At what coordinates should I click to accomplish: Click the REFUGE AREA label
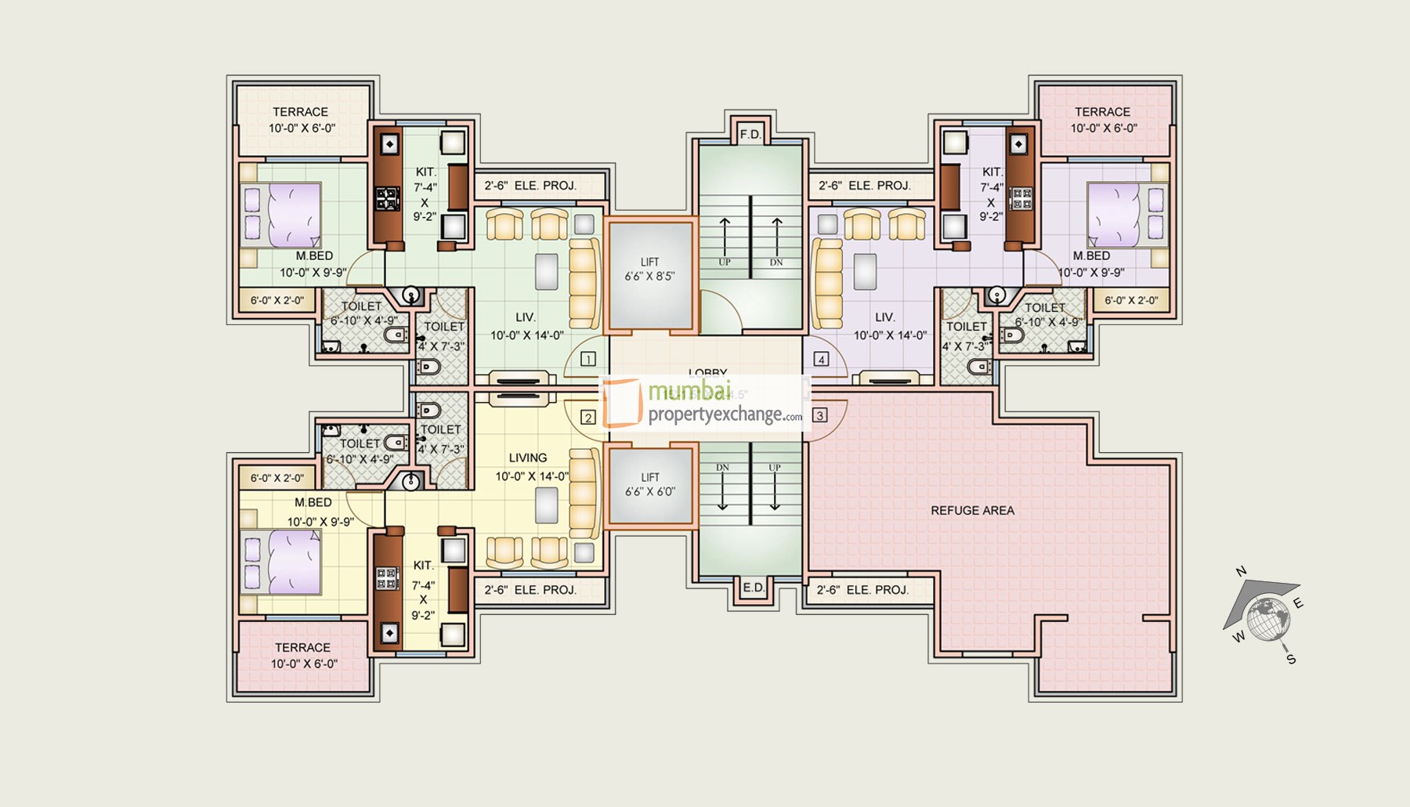972,510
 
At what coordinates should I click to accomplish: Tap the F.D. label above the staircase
750,135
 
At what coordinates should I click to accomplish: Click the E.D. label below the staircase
753,588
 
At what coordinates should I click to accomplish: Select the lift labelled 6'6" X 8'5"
649,274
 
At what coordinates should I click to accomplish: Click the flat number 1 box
588,360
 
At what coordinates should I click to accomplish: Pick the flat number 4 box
821,360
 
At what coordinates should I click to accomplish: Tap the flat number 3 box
820,415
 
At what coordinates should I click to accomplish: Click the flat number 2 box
588,418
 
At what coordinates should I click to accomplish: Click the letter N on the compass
1241,571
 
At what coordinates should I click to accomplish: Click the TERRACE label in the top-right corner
1102,112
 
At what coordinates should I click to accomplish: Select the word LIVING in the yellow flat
528,458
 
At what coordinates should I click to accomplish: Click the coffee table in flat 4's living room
865,272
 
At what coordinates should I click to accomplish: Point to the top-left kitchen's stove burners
387,199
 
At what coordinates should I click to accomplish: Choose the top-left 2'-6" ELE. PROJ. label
530,186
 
